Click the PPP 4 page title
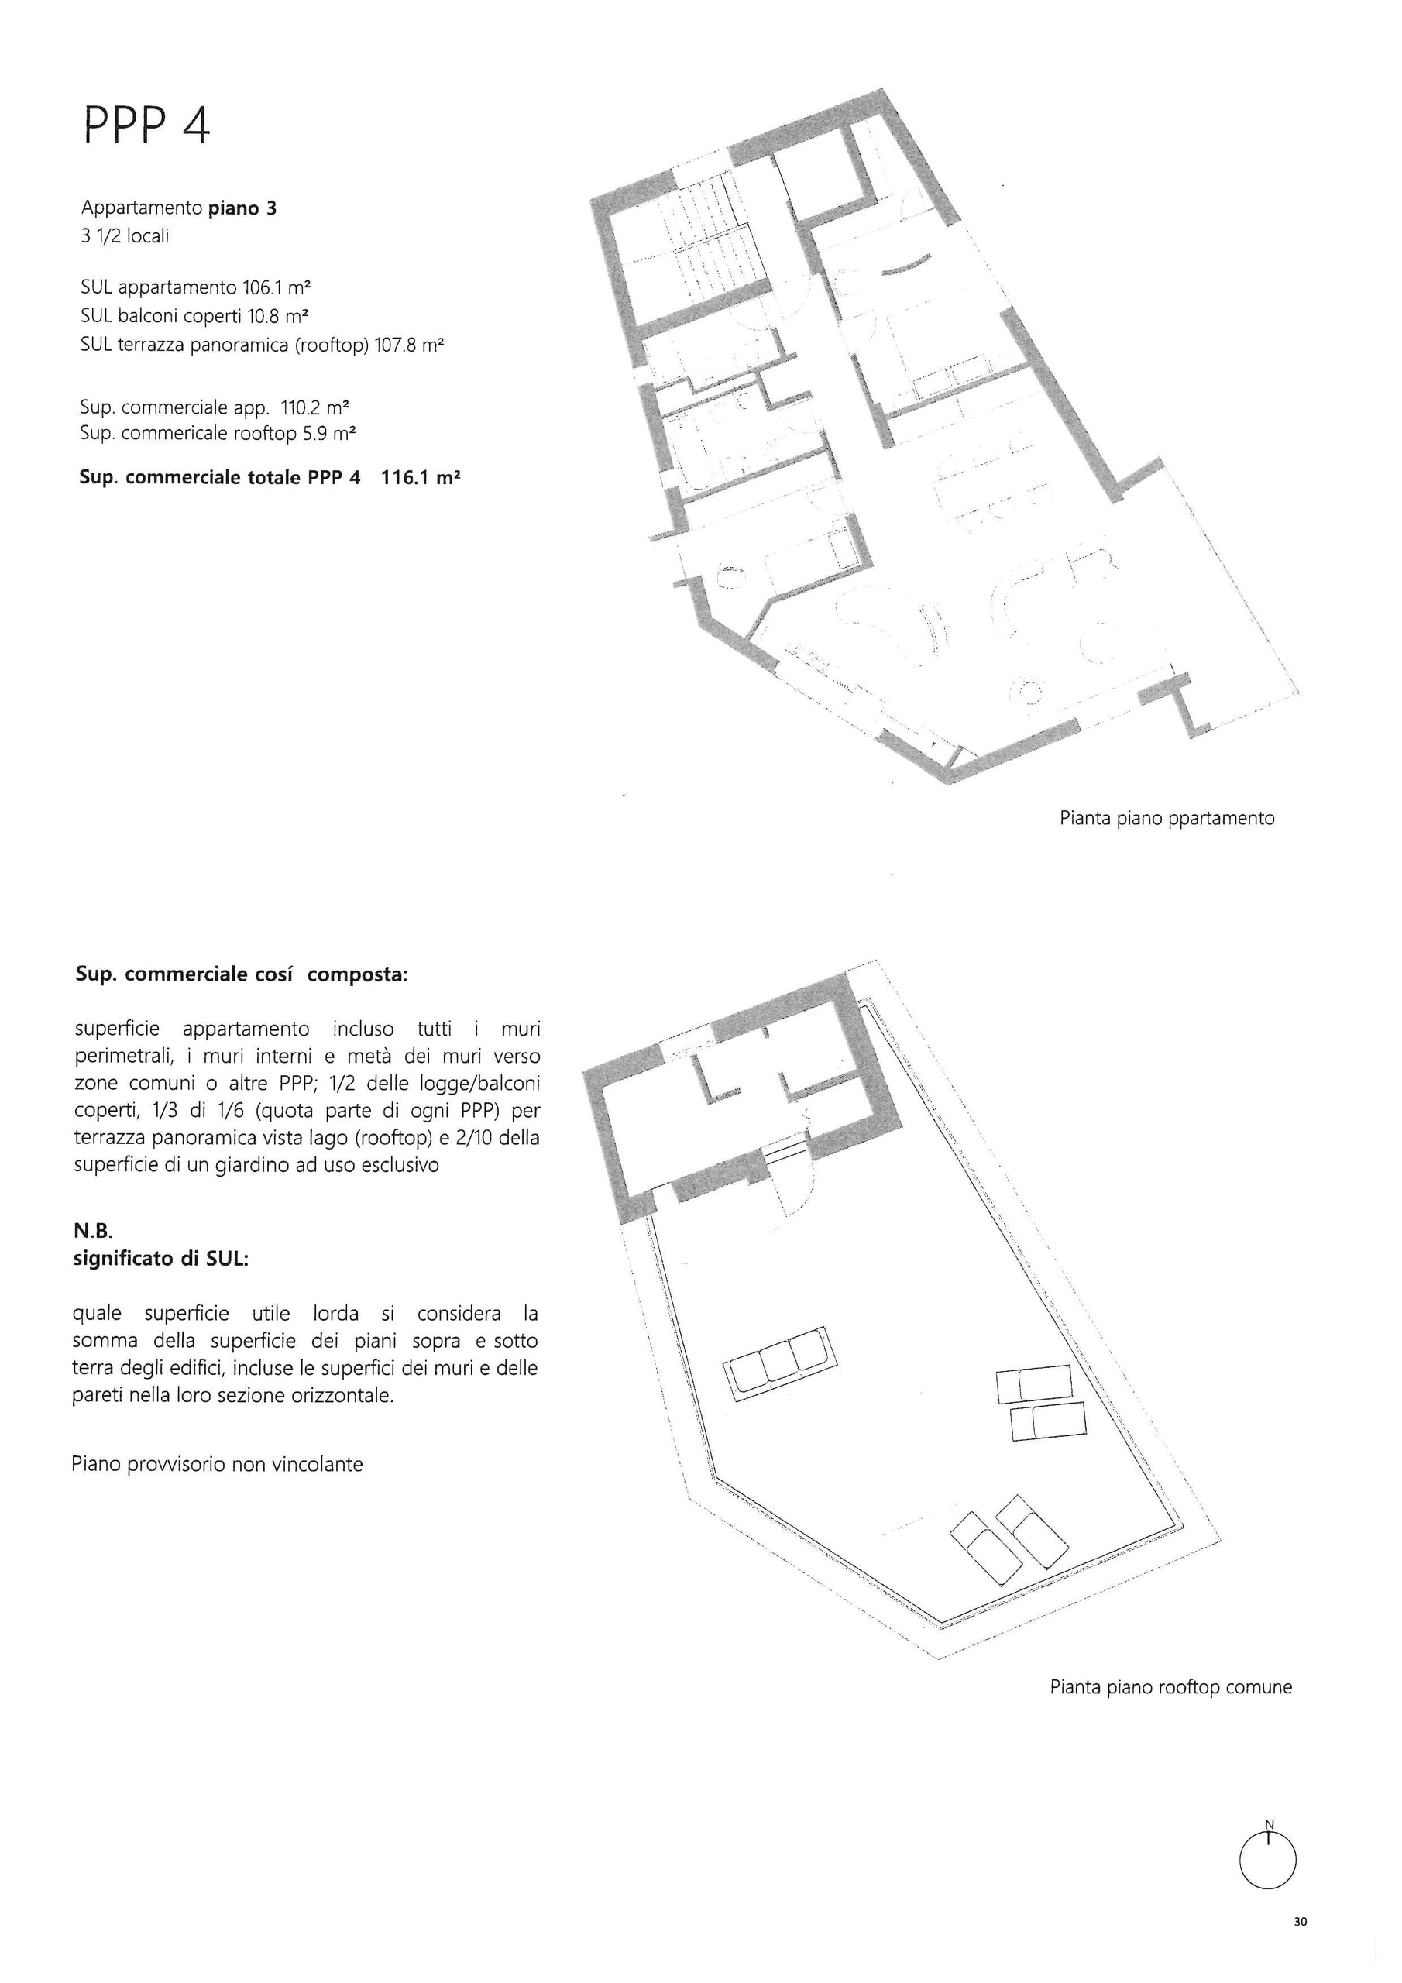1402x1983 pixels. [147, 127]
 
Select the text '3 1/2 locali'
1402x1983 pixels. [125, 235]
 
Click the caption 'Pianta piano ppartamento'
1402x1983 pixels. [1167, 818]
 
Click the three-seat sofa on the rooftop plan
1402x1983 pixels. [780, 1364]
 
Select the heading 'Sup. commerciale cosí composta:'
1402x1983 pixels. [241, 975]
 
